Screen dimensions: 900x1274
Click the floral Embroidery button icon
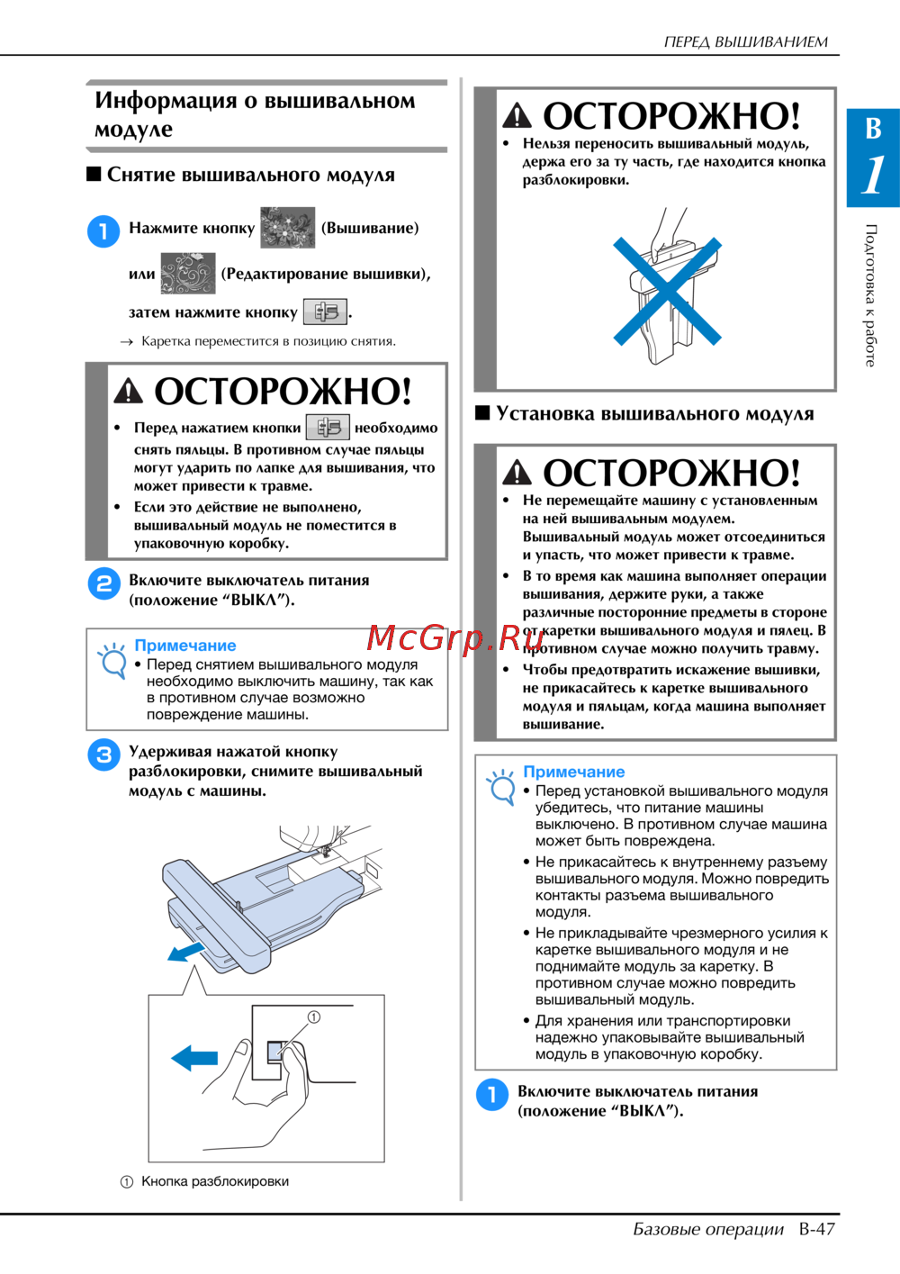tap(287, 228)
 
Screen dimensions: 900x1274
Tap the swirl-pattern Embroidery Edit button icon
tap(188, 273)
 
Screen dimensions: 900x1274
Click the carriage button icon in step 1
tap(325, 312)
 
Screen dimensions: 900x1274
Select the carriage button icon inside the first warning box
tap(328, 427)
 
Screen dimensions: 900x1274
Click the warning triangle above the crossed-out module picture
tap(517, 115)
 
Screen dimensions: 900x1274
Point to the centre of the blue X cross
tap(667, 291)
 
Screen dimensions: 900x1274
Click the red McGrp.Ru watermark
tap(454, 638)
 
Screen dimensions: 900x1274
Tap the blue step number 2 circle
tap(104, 584)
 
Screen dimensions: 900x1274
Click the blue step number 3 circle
tap(104, 754)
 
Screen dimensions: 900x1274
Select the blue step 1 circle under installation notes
tap(491, 1094)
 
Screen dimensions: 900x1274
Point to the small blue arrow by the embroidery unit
tap(186, 952)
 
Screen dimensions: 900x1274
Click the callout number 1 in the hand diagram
tap(314, 1016)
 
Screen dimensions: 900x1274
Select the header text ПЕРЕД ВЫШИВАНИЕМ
tap(746, 41)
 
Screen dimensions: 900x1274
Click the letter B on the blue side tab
tap(873, 129)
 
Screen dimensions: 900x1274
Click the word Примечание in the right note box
tap(573, 772)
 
